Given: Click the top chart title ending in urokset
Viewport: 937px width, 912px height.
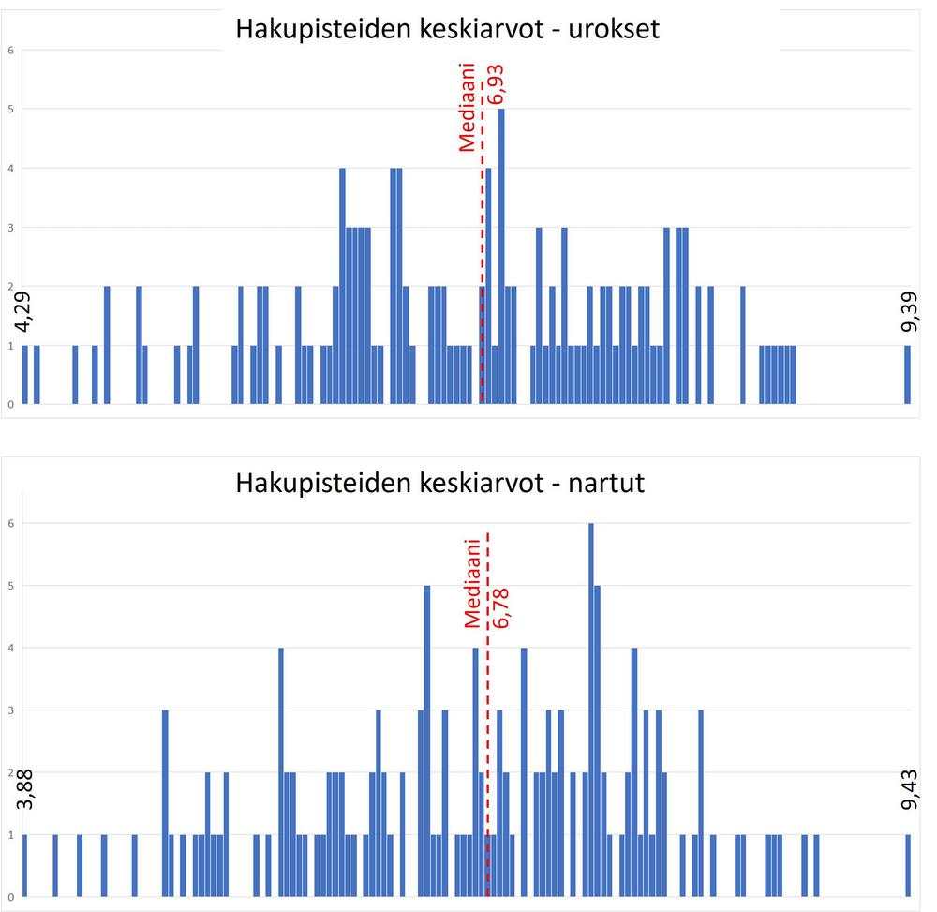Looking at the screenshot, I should [x=448, y=29].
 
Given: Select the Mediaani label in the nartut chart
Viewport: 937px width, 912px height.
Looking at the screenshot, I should [x=472, y=583].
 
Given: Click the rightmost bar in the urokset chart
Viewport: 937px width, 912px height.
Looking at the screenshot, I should [x=907, y=375].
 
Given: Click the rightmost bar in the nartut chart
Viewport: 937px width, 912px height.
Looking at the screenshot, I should [x=908, y=865].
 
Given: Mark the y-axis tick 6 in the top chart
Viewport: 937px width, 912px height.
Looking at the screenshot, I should [x=10, y=50].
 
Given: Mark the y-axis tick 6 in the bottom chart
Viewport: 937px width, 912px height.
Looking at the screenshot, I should [x=10, y=523].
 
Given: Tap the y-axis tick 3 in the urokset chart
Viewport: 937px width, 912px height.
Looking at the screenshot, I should [x=10, y=227].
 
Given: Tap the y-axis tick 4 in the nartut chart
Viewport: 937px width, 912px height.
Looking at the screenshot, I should [x=10, y=648].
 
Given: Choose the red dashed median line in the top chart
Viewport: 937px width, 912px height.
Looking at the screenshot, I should [x=482, y=281].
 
